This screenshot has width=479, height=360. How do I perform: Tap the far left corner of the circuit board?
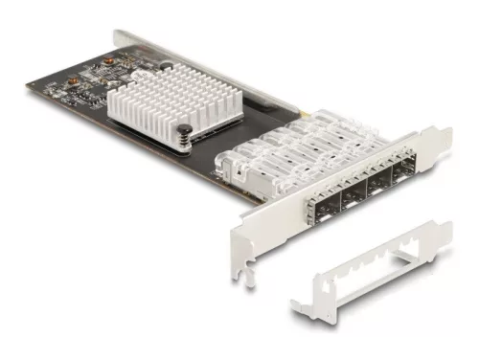[28, 83]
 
